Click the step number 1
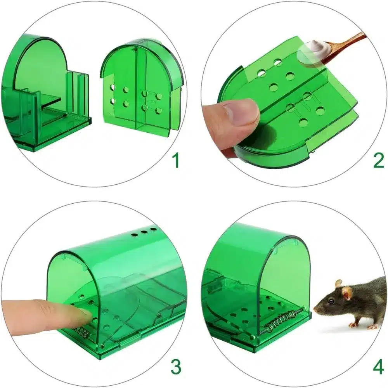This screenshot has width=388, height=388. coord(176,160)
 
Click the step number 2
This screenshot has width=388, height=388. coord(379,160)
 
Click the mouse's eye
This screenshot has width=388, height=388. coord(331,301)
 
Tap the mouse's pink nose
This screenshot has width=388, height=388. coord(315,308)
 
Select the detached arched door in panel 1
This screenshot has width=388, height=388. coord(141,87)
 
